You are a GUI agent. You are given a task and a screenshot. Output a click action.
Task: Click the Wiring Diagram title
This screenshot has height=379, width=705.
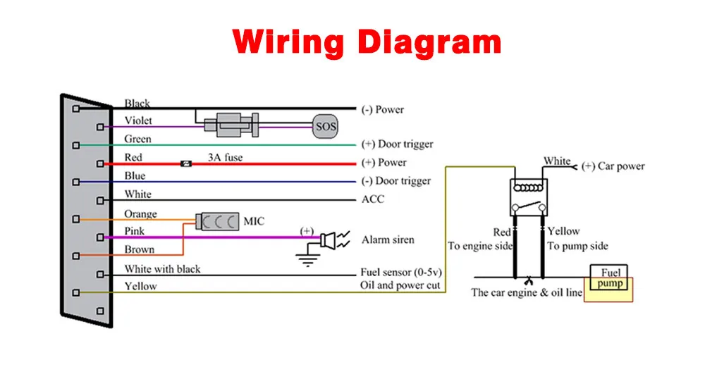[367, 42]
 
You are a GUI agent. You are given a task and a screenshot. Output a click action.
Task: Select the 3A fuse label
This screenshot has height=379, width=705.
[225, 157]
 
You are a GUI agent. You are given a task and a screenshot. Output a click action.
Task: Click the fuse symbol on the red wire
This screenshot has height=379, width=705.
[187, 163]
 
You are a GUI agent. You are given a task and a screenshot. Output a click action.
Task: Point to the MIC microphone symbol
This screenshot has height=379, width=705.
[219, 222]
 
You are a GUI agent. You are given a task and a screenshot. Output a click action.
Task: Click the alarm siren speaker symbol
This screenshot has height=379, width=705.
[328, 240]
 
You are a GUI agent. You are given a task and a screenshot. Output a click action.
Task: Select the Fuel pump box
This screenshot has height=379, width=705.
[610, 279]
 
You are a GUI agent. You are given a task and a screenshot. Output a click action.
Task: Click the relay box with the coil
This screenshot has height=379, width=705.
[529, 196]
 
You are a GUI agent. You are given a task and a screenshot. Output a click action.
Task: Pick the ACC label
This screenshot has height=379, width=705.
[373, 199]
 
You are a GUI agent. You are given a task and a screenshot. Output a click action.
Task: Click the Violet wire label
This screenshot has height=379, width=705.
[138, 120]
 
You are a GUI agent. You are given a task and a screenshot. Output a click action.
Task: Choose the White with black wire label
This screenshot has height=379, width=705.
[162, 268]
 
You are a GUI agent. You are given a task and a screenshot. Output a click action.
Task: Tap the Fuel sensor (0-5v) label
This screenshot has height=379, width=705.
[401, 273]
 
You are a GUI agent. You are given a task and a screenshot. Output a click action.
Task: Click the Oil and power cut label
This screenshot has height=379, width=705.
[400, 285]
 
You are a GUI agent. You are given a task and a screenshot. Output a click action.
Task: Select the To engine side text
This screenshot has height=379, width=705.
[480, 246]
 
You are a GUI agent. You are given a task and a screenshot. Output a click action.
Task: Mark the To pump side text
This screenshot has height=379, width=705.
[577, 246]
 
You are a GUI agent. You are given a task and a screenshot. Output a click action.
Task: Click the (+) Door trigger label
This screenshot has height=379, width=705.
[397, 144]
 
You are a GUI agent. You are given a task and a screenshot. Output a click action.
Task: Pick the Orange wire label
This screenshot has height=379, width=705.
[140, 213]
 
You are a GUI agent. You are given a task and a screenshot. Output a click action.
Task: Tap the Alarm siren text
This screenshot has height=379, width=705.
[388, 240]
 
